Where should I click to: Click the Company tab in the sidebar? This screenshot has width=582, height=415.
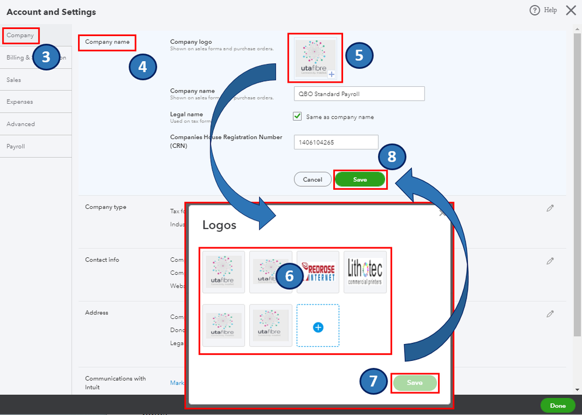[x=20, y=36]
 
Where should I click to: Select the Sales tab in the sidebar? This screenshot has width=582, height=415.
[x=14, y=80]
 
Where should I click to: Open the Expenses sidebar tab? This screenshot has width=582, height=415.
[x=20, y=102]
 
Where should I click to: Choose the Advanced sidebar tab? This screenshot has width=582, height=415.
[x=20, y=124]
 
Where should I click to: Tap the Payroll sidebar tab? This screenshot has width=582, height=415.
[x=16, y=146]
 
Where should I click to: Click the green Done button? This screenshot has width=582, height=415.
[x=558, y=406]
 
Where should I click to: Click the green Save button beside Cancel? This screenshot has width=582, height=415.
[x=360, y=180]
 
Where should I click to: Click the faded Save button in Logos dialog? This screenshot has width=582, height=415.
[x=414, y=383]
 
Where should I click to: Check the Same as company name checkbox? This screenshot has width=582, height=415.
[x=297, y=116]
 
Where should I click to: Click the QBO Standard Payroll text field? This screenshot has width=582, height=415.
[x=359, y=94]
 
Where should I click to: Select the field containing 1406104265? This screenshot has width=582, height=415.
[x=336, y=142]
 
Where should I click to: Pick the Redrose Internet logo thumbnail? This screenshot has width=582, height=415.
[x=318, y=272]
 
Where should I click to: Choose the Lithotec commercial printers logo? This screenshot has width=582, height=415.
[x=365, y=272]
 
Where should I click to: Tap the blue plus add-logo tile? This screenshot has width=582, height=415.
[x=318, y=327]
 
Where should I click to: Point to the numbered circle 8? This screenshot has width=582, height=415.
[x=391, y=157]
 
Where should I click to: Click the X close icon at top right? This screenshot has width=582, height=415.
[x=570, y=10]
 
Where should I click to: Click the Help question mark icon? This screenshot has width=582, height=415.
[x=534, y=10]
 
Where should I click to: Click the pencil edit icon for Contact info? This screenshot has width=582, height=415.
[x=550, y=261]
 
